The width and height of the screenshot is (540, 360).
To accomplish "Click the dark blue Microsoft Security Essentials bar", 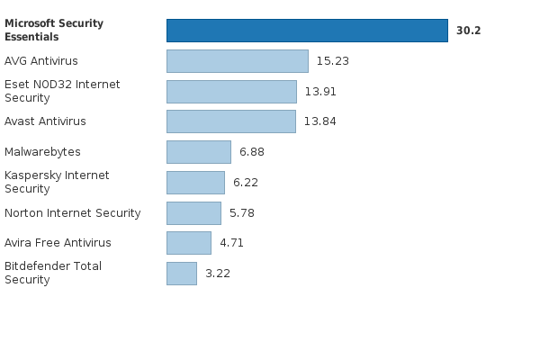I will coord(307,31).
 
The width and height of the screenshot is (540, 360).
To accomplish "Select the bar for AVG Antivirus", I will coord(238,61).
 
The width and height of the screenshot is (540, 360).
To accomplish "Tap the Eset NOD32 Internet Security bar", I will coord(231,92).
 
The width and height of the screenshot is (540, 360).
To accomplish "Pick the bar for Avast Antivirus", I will coord(231,121).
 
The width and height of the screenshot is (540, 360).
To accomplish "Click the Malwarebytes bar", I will coord(199,152).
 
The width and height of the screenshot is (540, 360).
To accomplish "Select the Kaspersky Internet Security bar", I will coord(195,183).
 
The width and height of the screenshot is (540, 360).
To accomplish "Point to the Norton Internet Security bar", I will coord(193,213).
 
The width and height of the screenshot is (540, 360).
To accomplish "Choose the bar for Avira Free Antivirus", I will coord(189,243).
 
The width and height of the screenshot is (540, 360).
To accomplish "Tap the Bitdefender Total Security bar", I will coord(182,274).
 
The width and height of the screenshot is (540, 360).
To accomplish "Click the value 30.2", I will coord(469,31).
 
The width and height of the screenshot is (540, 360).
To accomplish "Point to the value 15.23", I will coord(333,61).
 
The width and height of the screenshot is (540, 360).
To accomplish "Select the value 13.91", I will coord(320,92).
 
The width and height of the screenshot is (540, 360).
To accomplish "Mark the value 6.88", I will coord(252,152).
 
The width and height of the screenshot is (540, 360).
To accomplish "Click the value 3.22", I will coord(218,274).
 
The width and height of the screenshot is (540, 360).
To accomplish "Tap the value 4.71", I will coord(232,243).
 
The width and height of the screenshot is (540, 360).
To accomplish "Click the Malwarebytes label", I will coord(42,152).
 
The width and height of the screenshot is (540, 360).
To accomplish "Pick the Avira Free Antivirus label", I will coord(58,243).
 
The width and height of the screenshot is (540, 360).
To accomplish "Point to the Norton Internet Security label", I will coord(73,213).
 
